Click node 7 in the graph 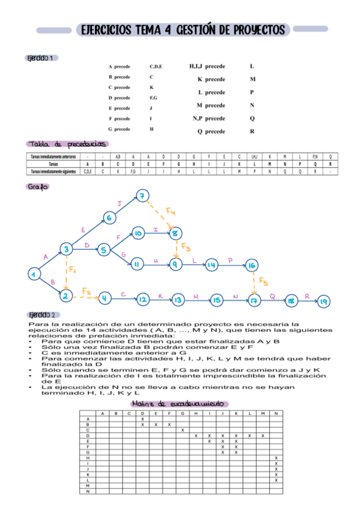142,195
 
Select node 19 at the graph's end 323,301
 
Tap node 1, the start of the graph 34,274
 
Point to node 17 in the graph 255,299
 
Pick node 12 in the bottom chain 142,299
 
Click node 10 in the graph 138,233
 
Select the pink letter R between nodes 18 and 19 307,295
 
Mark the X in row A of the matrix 142,419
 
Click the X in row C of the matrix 182,430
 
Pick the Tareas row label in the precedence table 53,164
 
